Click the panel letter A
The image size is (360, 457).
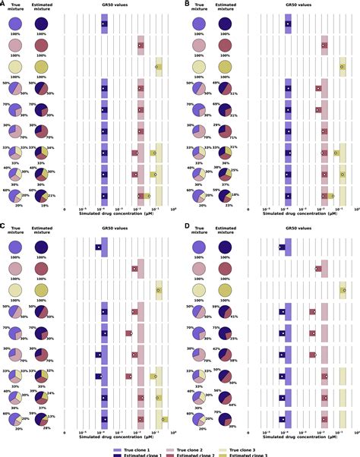tap(4, 4)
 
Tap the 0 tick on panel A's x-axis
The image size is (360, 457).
tap(65, 208)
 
